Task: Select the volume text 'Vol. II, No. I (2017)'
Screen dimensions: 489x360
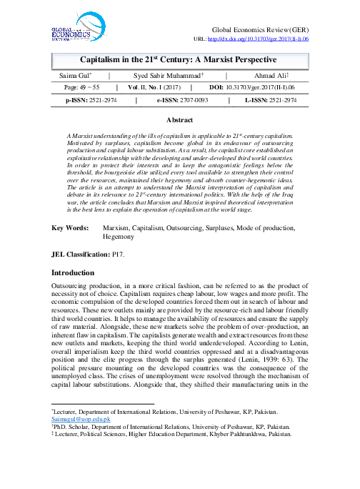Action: click(153, 88)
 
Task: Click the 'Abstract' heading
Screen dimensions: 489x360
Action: click(180, 122)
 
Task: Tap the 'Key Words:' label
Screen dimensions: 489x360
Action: click(69, 227)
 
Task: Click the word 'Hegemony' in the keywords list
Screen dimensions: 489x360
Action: click(122, 234)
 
